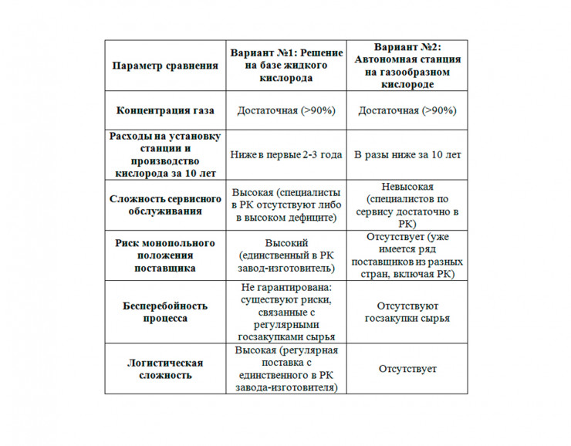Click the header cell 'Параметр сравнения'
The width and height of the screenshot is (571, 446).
pyautogui.click(x=164, y=66)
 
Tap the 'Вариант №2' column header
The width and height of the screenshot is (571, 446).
pyautogui.click(x=407, y=66)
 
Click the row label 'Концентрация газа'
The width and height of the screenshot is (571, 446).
pyautogui.click(x=164, y=110)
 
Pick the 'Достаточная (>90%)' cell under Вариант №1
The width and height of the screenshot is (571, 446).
pyautogui.click(x=285, y=110)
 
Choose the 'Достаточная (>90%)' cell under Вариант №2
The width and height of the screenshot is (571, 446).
pyautogui.click(x=407, y=110)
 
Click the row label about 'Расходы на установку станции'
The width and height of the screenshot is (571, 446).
pyautogui.click(x=164, y=154)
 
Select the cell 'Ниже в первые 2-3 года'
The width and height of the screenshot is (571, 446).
pyautogui.click(x=285, y=154)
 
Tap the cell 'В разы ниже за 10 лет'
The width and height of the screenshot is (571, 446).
pyautogui.click(x=407, y=154)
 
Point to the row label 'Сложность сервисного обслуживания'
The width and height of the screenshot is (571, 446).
pyautogui.click(x=164, y=204)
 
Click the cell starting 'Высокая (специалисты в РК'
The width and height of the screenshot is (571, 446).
pyautogui.click(x=285, y=204)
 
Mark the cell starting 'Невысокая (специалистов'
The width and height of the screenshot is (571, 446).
pyautogui.click(x=407, y=204)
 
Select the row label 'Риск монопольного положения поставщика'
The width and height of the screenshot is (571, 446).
pyautogui.click(x=164, y=255)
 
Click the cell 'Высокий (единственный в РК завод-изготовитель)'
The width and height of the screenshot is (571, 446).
pyautogui.click(x=285, y=255)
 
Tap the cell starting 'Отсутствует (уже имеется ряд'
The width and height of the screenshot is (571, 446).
pyautogui.click(x=407, y=255)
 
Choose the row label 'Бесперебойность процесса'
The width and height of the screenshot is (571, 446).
pyautogui.click(x=164, y=312)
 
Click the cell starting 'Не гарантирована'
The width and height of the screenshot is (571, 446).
pyautogui.click(x=285, y=312)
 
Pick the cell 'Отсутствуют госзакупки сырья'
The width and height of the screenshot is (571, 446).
pyautogui.click(x=407, y=312)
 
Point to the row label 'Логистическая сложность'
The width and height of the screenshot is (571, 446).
pyautogui.click(x=164, y=369)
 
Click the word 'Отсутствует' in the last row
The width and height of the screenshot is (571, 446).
pyautogui.click(x=407, y=369)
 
